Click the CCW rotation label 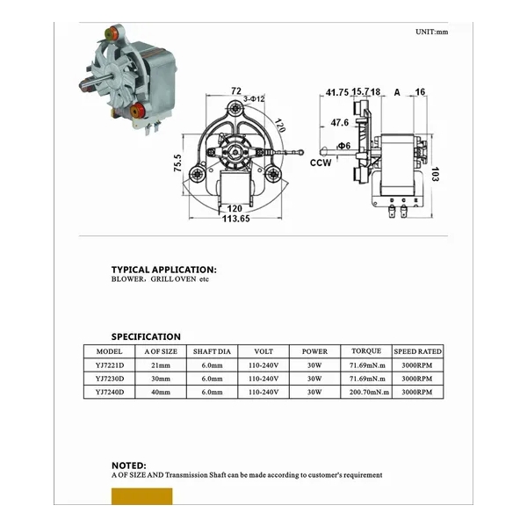tap(321, 162)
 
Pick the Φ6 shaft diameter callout tap(343, 145)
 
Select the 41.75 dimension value tap(336, 91)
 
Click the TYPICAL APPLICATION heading tap(163, 269)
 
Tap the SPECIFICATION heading tap(146, 336)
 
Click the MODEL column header tap(110, 350)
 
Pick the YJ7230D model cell tap(110, 379)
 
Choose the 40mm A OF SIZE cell tap(160, 393)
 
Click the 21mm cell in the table tap(160, 365)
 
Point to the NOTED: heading tap(128, 465)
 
